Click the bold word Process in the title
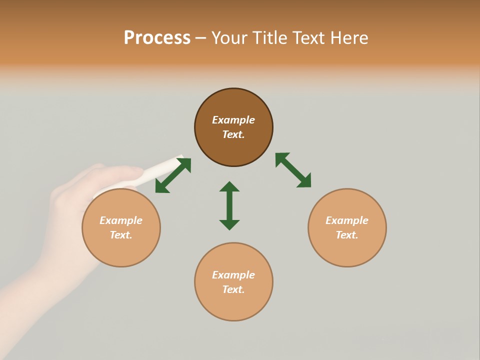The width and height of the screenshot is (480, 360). (157, 38)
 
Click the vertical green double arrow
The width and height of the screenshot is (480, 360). (229, 205)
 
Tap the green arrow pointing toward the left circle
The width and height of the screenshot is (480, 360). (173, 175)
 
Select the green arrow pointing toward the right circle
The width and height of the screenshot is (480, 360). (293, 170)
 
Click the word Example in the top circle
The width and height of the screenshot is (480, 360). (233, 120)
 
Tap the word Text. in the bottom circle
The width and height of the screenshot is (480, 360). (233, 289)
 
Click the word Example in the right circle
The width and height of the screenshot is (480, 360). (347, 220)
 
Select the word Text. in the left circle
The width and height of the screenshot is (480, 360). (121, 235)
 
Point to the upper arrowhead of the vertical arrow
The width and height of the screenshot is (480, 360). (229, 187)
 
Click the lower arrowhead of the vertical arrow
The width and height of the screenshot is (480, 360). (229, 224)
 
